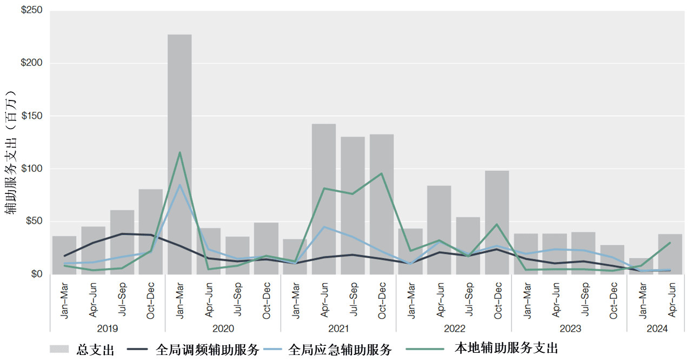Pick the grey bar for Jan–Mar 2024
tap(641, 266)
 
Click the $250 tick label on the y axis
tap(31, 10)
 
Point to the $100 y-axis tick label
tap(31, 169)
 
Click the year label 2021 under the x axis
tap(338, 329)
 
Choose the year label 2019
tap(108, 329)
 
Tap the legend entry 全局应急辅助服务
tap(341, 349)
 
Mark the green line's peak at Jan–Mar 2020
tap(179, 152)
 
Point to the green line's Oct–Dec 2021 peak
tap(382, 173)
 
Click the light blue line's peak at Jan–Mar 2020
tap(179, 185)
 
